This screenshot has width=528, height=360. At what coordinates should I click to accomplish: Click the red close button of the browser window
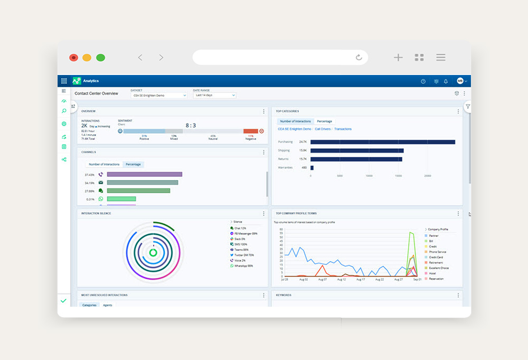(73, 58)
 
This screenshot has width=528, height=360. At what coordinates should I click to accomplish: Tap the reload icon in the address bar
(359, 58)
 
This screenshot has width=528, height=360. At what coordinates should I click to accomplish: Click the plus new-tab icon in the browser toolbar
(398, 58)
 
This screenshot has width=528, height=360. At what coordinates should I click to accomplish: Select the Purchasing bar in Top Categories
(382, 142)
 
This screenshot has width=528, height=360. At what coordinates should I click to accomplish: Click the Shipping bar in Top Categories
(357, 150)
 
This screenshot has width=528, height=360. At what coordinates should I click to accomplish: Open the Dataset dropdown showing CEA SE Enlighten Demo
(159, 96)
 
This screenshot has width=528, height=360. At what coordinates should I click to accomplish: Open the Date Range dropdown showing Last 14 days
(214, 96)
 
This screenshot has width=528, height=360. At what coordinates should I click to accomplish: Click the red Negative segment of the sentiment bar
(250, 131)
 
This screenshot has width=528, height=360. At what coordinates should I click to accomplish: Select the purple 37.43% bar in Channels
(144, 174)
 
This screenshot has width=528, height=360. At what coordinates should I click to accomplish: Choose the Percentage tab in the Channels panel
(133, 164)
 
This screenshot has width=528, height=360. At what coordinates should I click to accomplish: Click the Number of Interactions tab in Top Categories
(295, 121)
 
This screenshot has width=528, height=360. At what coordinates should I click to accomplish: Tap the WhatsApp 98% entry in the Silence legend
(243, 266)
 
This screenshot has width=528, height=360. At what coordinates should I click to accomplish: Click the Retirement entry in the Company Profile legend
(436, 262)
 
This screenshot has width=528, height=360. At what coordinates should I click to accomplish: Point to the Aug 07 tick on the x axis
(322, 279)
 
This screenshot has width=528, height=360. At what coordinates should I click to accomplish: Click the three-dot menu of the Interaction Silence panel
(263, 214)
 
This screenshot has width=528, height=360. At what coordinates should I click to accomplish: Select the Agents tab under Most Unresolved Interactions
(107, 305)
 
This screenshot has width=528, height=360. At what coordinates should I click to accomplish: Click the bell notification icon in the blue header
(446, 81)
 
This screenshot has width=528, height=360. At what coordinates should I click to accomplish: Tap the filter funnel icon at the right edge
(468, 107)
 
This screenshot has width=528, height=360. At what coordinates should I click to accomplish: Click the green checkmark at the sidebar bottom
(63, 300)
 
